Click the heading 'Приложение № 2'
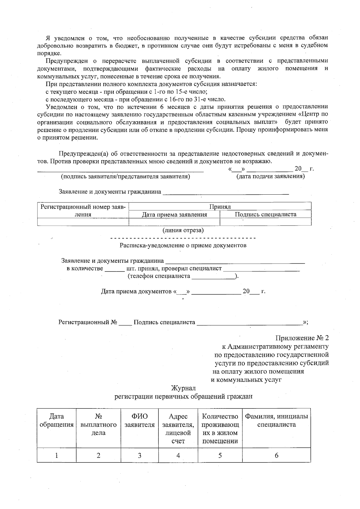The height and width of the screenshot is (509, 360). [302, 338]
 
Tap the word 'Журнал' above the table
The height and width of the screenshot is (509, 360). [183, 388]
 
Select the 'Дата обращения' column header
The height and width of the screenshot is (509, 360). [56, 421]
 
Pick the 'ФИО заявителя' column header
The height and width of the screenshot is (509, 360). [139, 421]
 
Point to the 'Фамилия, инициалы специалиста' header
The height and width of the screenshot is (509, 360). [276, 421]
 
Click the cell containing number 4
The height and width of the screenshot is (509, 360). [178, 455]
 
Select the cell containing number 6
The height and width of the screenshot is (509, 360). [276, 455]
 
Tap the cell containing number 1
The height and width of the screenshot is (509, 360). [56, 455]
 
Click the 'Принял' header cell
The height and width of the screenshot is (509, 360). [220, 207]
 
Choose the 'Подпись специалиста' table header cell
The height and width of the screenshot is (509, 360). [265, 214]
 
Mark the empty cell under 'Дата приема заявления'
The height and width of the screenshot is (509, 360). [174, 222]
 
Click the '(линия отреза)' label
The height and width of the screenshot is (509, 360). [183, 230]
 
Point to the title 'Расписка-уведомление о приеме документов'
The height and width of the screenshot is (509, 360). [183, 245]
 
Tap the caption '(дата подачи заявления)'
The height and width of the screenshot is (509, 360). [271, 176]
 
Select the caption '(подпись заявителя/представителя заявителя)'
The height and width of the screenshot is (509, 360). [125, 176]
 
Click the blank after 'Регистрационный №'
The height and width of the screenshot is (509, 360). [125, 323]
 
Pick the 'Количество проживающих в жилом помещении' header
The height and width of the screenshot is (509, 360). [220, 429]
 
